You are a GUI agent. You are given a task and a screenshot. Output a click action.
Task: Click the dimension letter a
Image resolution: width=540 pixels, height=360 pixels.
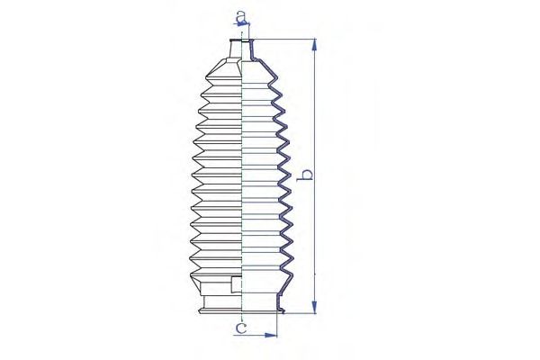[241, 15]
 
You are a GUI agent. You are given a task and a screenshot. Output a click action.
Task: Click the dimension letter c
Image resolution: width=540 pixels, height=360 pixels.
[242, 328]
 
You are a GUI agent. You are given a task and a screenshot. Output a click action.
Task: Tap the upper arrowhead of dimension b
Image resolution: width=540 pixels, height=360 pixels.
[314, 45]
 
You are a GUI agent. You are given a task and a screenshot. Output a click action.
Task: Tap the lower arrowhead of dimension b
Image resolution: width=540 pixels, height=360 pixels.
[314, 307]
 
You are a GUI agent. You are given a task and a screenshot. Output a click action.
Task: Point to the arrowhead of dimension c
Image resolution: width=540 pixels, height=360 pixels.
[271, 335]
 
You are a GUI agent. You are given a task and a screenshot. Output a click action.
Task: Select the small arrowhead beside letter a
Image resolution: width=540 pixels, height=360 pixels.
[242, 23]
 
